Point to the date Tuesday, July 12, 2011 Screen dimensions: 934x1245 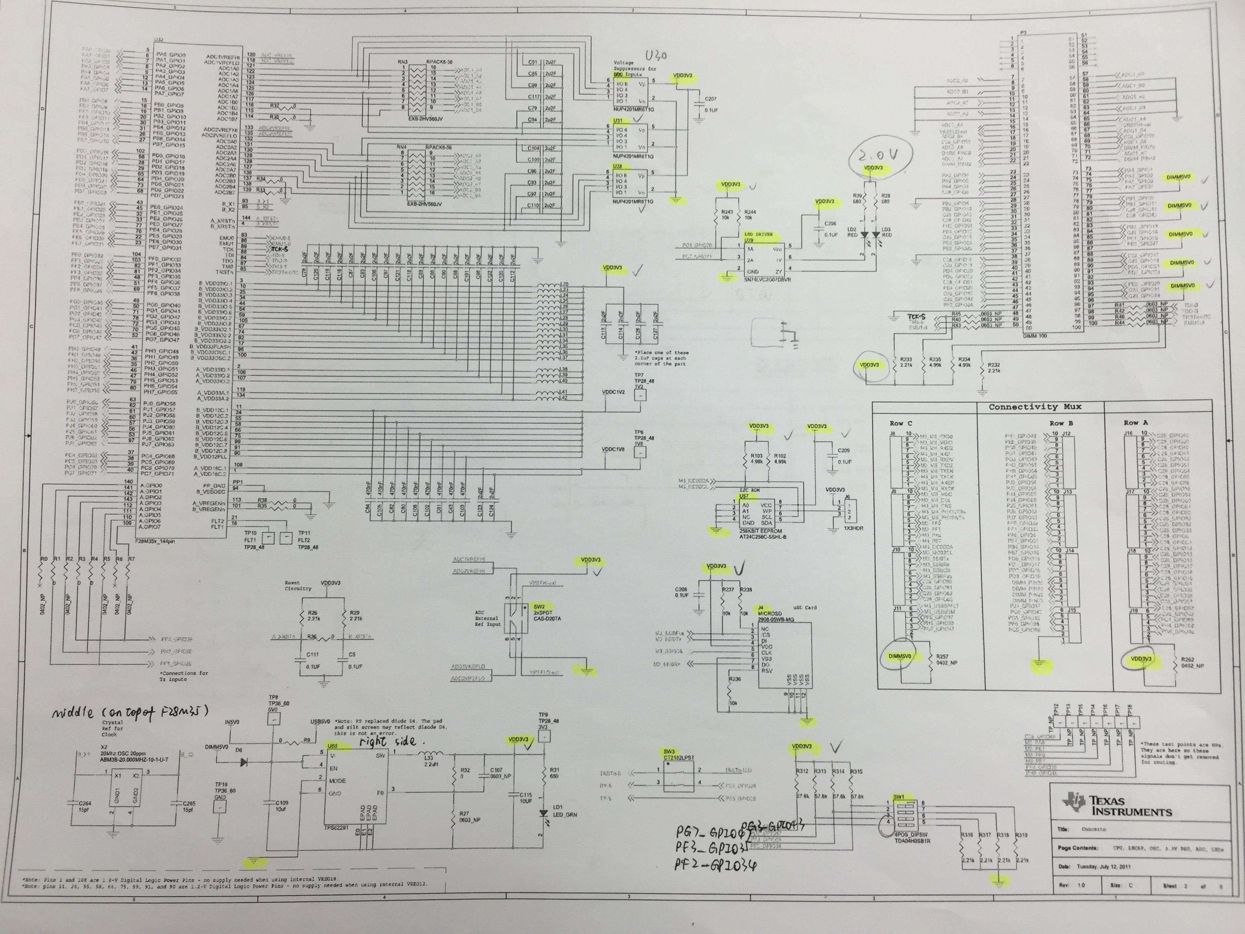[x=1090, y=866]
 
